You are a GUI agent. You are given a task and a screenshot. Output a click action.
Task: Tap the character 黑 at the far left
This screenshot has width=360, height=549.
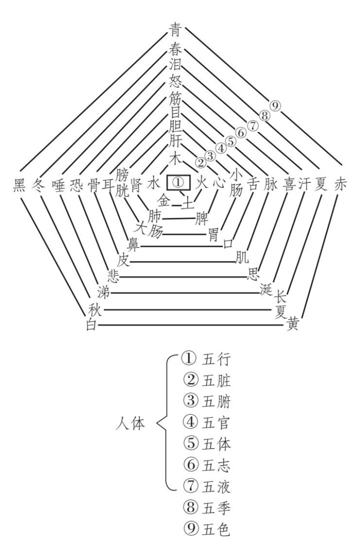[x=20, y=184]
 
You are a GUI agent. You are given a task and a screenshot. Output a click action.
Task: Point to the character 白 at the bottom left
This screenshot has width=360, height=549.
[x=91, y=326]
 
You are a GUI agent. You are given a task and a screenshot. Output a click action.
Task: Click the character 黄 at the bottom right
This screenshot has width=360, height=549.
[x=292, y=325]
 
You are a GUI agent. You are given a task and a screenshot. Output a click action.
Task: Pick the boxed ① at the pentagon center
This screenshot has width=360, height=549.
[x=179, y=181]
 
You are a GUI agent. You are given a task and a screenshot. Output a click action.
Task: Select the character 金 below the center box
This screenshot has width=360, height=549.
[x=164, y=201]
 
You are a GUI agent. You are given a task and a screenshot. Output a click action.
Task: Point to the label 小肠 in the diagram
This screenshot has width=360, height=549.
[x=235, y=182]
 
